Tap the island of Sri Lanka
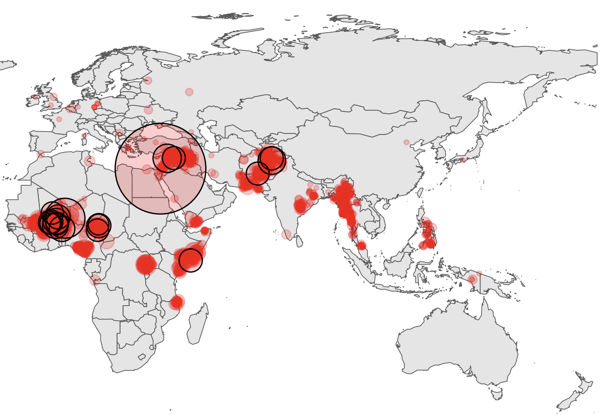coord(299,241)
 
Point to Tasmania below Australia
coord(497,392)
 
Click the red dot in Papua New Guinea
coord(472,279)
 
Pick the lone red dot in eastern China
coord(406,142)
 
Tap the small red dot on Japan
coord(462,160)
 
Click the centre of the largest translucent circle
coord(160,169)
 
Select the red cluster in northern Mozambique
coord(176,302)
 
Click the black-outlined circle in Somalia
coord(191,260)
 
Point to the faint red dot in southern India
coord(286,234)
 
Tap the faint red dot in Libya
coord(89,161)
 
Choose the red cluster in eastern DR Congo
coord(145,264)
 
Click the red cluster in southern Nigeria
coord(83,248)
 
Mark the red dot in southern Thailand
coord(361,245)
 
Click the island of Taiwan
coord(420,193)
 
